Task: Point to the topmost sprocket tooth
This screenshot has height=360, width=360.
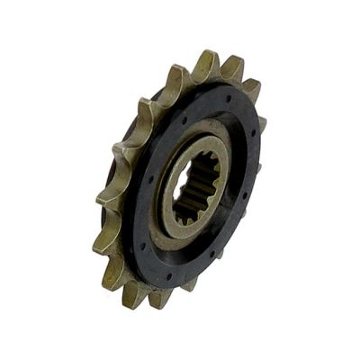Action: point(206,61)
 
